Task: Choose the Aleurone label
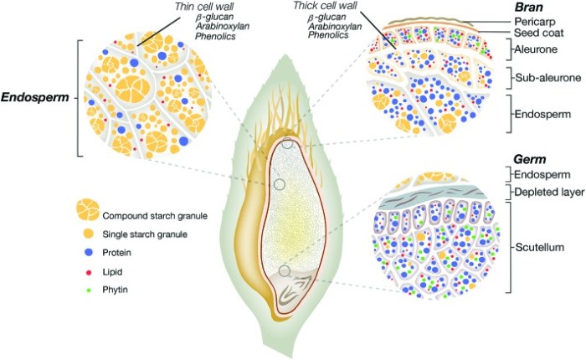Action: (532, 52)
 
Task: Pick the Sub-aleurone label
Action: (539, 79)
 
